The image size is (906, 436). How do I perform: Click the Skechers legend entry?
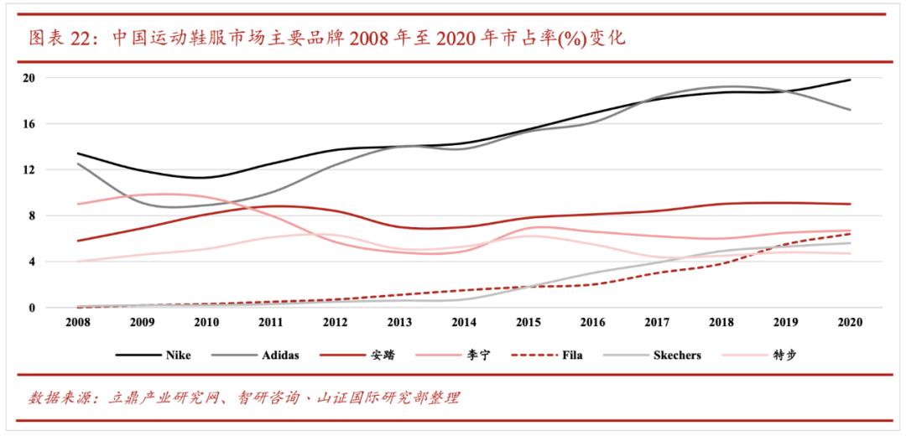pos(676,355)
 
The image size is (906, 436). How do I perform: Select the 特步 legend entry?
pos(784,355)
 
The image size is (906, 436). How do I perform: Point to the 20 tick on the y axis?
pos(29,78)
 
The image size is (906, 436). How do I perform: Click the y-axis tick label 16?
pos(29,124)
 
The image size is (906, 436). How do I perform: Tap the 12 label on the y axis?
pos(29,170)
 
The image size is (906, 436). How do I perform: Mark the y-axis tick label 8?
pos(31,216)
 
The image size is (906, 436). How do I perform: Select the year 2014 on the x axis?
pos(463,321)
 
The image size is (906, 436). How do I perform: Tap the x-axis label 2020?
pos(850,321)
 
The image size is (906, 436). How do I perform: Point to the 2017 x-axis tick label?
pos(657,321)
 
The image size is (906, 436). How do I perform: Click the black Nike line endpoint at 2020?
pos(850,80)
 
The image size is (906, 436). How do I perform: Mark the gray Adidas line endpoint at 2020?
pos(850,110)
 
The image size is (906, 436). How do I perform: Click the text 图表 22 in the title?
pos(57,38)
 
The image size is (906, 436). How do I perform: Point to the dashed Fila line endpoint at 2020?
pos(850,234)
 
